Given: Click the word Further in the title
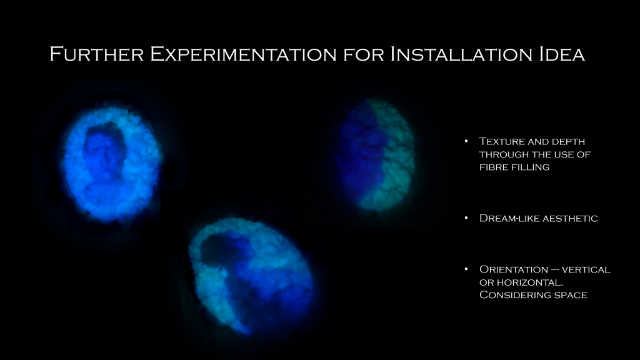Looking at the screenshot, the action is point(97,54).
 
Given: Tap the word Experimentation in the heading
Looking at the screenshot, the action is point(243,55).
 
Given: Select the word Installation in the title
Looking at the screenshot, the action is point(461,54).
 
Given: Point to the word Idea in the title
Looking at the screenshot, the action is point(562,54).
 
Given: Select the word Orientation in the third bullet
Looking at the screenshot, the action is point(514,269).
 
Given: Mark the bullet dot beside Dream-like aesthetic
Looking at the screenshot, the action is point(466,218).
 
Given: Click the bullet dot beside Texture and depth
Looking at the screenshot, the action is point(466,141).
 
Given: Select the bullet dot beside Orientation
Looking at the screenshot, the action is point(466,269).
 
